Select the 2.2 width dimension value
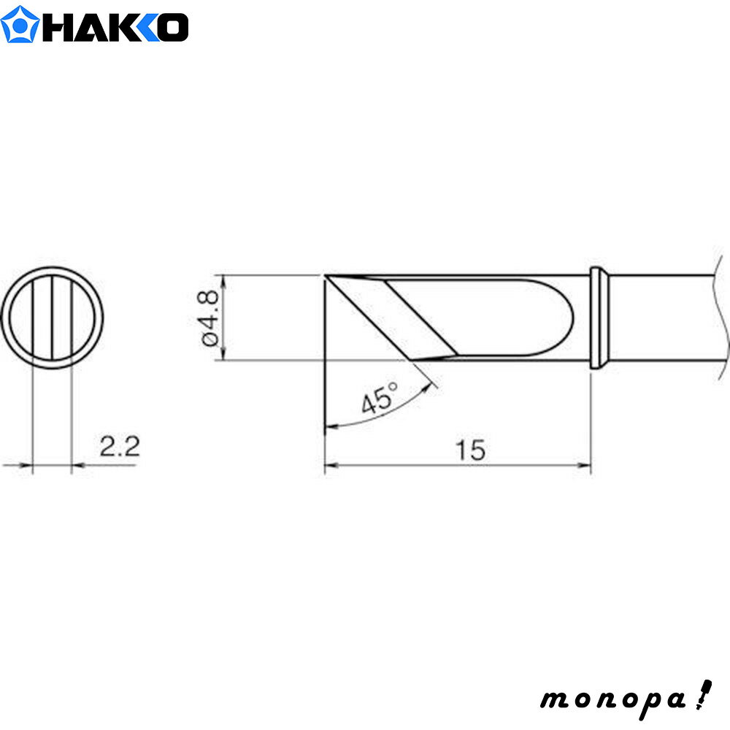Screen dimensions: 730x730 [x=119, y=446]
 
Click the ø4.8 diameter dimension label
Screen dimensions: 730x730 [x=207, y=318]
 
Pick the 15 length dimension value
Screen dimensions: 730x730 [x=472, y=450]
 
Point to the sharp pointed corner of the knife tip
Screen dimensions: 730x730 [x=326, y=277]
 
